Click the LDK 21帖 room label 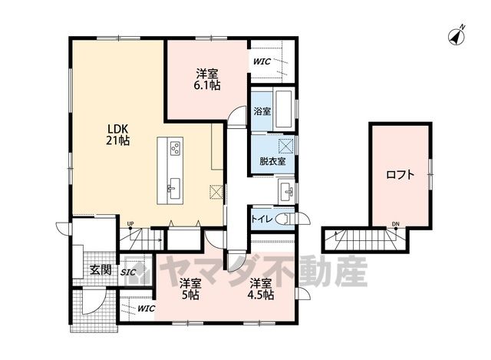click(117, 135)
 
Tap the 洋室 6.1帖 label click(207, 80)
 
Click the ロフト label click(400, 175)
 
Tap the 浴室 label click(262, 111)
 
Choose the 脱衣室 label click(272, 161)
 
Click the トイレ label click(262, 220)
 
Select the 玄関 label click(101, 269)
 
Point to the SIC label click(128, 272)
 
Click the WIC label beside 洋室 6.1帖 click(262, 61)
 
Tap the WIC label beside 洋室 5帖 click(147, 309)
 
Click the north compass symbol click(456, 36)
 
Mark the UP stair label click(130, 223)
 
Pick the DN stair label click(396, 223)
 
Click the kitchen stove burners click(176, 148)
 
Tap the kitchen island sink click(173, 189)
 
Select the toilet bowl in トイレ click(285, 219)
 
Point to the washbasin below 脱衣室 click(286, 191)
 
